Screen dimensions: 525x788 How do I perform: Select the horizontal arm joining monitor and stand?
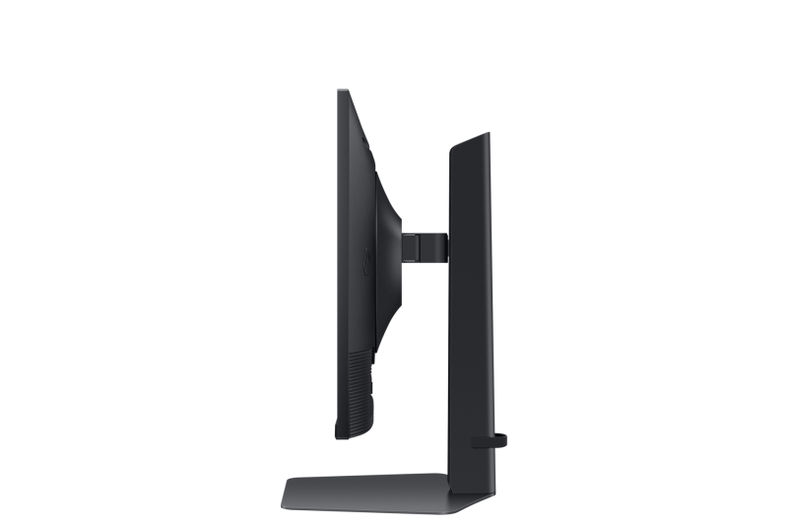point(425,246)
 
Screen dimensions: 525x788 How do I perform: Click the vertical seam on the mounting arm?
point(415,246)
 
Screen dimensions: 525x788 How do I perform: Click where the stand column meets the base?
point(463,479)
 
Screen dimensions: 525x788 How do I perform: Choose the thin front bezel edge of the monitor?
point(339,266)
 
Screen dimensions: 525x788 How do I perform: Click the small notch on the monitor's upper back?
point(366,148)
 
